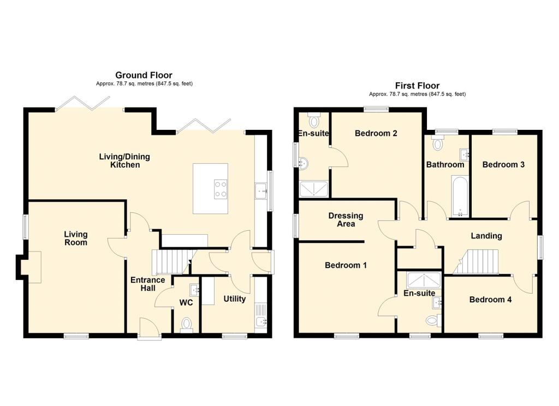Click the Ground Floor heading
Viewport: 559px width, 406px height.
[x=144, y=75]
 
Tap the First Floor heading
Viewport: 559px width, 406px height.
[x=417, y=86]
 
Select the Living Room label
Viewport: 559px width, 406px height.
[x=76, y=238]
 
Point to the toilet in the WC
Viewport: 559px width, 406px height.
[x=187, y=325]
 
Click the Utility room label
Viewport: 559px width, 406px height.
[x=234, y=299]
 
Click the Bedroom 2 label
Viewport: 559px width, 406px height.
[x=376, y=133]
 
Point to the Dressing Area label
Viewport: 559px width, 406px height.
[x=342, y=220]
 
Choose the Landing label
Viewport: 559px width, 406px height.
[x=486, y=236]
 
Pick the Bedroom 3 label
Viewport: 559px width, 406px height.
[x=503, y=164]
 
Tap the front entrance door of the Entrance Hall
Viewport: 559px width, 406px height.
[x=149, y=329]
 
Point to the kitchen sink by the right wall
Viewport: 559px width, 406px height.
[x=260, y=190]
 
